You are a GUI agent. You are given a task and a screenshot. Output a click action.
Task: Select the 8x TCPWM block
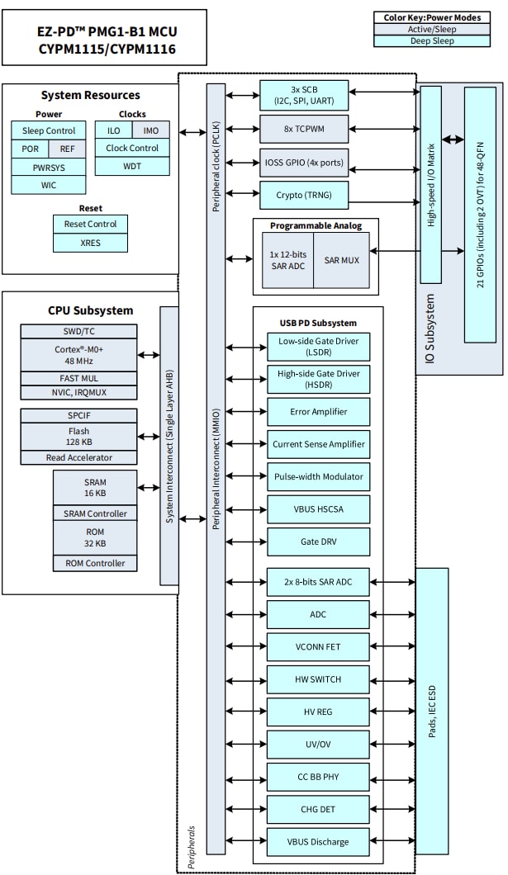[304, 129]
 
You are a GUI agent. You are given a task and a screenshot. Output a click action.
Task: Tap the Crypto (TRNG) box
[304, 195]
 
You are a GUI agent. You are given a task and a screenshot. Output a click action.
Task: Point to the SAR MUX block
[341, 260]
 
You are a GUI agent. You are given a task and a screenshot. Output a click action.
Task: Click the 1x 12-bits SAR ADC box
[287, 260]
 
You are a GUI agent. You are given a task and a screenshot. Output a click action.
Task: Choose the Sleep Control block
[48, 130]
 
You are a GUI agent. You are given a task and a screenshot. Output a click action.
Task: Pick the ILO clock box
[113, 130]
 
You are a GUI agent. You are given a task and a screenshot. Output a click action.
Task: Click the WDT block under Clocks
[132, 166]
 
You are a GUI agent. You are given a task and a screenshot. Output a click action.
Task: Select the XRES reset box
[91, 243]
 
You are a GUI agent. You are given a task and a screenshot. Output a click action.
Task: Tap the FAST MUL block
[78, 378]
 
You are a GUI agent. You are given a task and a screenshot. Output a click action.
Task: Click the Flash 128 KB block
[78, 437]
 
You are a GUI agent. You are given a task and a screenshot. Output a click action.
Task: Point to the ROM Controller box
[95, 563]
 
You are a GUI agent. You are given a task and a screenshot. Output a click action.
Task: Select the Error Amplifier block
[318, 411]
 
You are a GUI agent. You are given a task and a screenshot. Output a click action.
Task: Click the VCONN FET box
[318, 646]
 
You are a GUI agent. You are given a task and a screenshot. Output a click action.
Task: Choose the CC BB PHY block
[318, 777]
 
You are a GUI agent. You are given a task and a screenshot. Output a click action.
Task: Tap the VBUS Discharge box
[318, 842]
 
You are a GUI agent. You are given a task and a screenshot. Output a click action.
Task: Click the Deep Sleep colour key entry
[437, 40]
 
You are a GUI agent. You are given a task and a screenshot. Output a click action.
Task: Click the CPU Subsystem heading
[90, 310]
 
